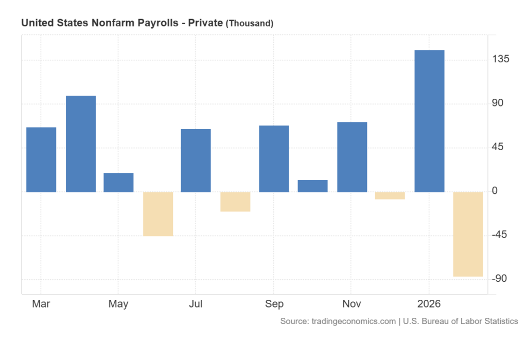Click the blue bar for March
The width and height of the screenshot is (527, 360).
tap(41, 159)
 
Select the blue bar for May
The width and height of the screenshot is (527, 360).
tap(118, 183)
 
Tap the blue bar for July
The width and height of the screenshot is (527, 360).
tap(196, 160)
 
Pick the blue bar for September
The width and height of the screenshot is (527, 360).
tap(274, 159)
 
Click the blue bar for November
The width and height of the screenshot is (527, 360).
tap(352, 157)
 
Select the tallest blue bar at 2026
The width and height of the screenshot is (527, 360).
tap(429, 121)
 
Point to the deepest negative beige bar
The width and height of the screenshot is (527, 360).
tap(468, 234)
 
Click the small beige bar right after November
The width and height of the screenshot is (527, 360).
tap(390, 195)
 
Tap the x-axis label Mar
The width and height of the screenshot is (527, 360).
tap(41, 304)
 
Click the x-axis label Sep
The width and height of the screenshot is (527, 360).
tap(274, 304)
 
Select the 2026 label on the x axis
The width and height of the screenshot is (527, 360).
tap(429, 304)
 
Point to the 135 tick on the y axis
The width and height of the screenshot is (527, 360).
tap(501, 60)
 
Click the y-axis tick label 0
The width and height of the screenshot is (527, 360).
tap(495, 191)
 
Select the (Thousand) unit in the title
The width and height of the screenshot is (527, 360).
tap(250, 23)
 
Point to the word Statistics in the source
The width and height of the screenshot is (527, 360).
tap(498, 321)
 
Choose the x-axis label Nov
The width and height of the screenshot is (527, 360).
tap(352, 304)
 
